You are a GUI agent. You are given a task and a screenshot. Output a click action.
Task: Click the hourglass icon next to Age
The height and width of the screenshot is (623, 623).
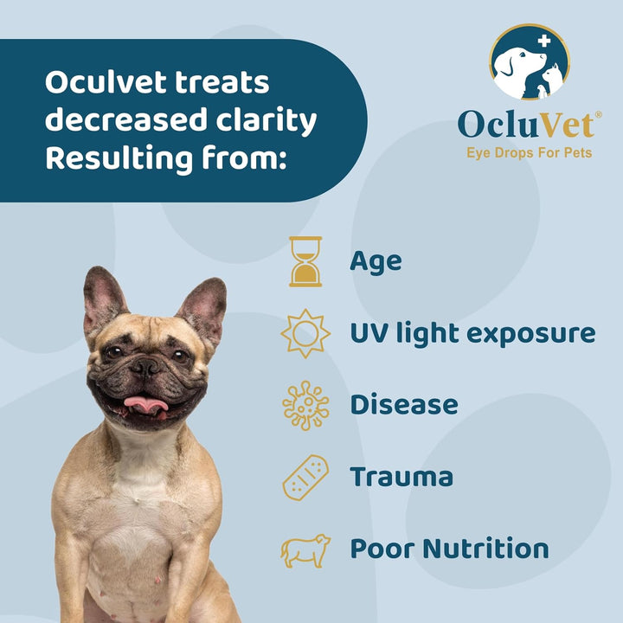[x=305, y=261]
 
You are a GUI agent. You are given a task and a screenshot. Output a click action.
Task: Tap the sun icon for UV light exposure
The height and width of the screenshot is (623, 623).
[x=305, y=333]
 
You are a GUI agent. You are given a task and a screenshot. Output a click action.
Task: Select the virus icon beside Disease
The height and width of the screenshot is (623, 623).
[x=305, y=405]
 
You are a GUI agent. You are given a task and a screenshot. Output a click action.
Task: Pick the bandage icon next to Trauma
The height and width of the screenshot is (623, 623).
[x=305, y=477]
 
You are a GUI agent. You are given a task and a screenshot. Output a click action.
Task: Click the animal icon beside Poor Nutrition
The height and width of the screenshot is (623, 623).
[x=305, y=549]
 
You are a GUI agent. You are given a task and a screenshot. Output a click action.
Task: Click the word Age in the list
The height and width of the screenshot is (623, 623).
[x=376, y=261]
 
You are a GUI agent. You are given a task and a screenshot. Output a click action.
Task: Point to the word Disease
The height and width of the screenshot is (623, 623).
[x=403, y=405]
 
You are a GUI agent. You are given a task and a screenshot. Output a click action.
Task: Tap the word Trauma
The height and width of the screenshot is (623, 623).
[x=401, y=477]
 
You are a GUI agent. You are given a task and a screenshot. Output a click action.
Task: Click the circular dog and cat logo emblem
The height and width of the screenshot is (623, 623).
[x=530, y=62]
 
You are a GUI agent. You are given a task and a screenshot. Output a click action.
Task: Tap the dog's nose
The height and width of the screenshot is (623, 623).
[x=145, y=367]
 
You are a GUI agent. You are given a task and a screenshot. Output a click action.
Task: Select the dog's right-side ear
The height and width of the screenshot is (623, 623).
[x=205, y=308]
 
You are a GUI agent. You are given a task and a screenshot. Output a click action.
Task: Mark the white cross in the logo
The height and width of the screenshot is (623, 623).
[x=544, y=41]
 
